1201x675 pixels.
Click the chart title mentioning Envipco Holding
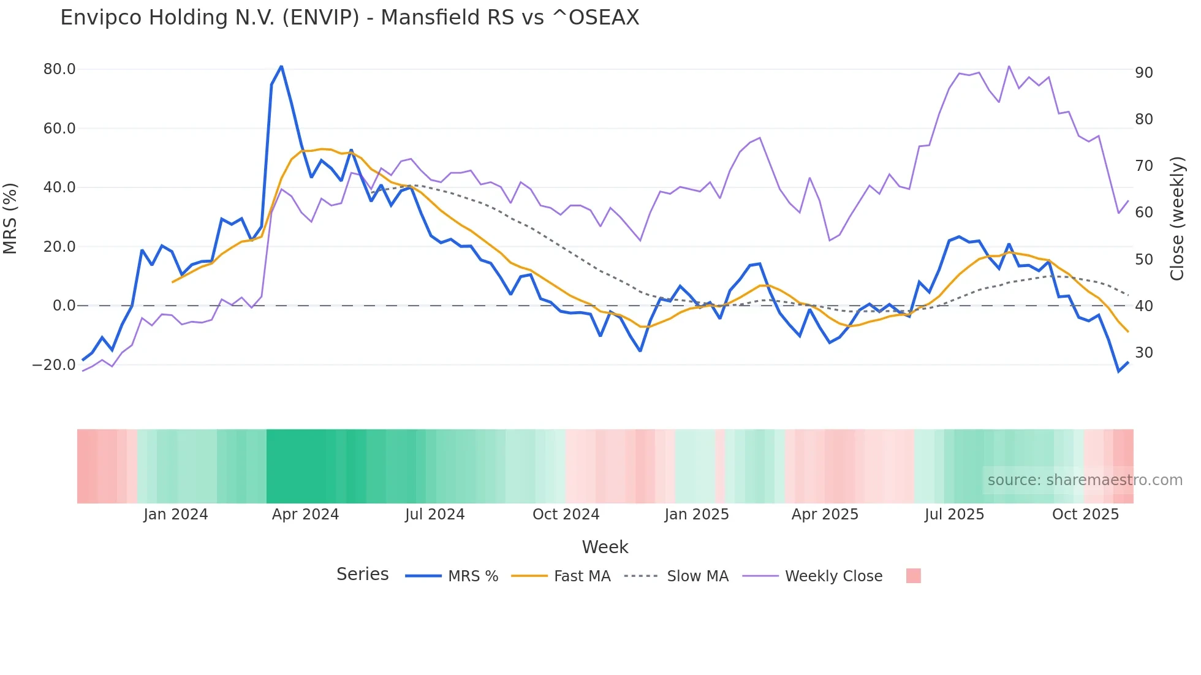coord(349,18)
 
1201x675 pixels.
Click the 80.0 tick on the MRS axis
coord(59,69)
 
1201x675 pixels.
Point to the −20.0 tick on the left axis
coord(54,365)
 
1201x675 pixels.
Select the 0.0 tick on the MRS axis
coord(64,306)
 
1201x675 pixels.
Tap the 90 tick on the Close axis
coord(1143,73)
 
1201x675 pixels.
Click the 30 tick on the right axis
coord(1143,353)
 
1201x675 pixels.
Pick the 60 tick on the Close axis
coord(1143,213)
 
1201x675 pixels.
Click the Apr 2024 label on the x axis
coord(305,515)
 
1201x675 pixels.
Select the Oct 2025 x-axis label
coord(1085,515)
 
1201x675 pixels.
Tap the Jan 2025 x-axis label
coord(696,515)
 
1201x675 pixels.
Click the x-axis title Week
coord(605,547)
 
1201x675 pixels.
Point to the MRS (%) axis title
coord(10,218)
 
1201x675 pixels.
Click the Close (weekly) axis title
coord(1177,218)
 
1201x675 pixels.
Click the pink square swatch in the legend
coord(913,576)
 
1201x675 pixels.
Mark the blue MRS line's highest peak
coord(281,66)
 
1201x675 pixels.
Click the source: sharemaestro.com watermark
coord(1085,480)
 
